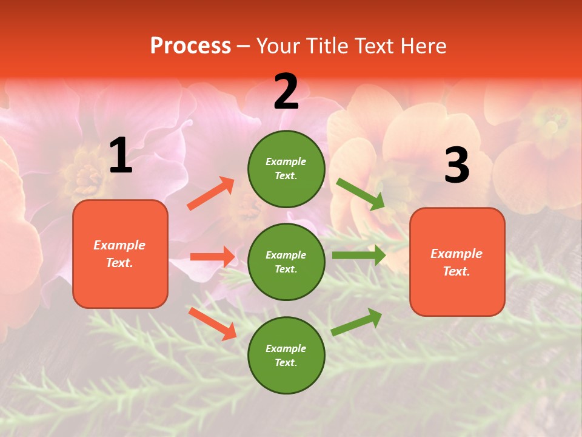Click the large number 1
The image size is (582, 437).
[x=121, y=156]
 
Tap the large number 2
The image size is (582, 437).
[x=286, y=92]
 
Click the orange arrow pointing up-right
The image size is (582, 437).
[x=210, y=194]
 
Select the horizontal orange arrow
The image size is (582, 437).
[x=212, y=257]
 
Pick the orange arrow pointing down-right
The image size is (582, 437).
[x=212, y=323]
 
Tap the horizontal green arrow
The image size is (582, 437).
[x=358, y=255]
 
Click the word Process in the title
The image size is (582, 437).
[x=190, y=46]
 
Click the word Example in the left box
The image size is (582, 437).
[x=119, y=245]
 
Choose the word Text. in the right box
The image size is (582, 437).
[x=457, y=271]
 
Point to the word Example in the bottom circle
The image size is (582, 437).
[x=286, y=348]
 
